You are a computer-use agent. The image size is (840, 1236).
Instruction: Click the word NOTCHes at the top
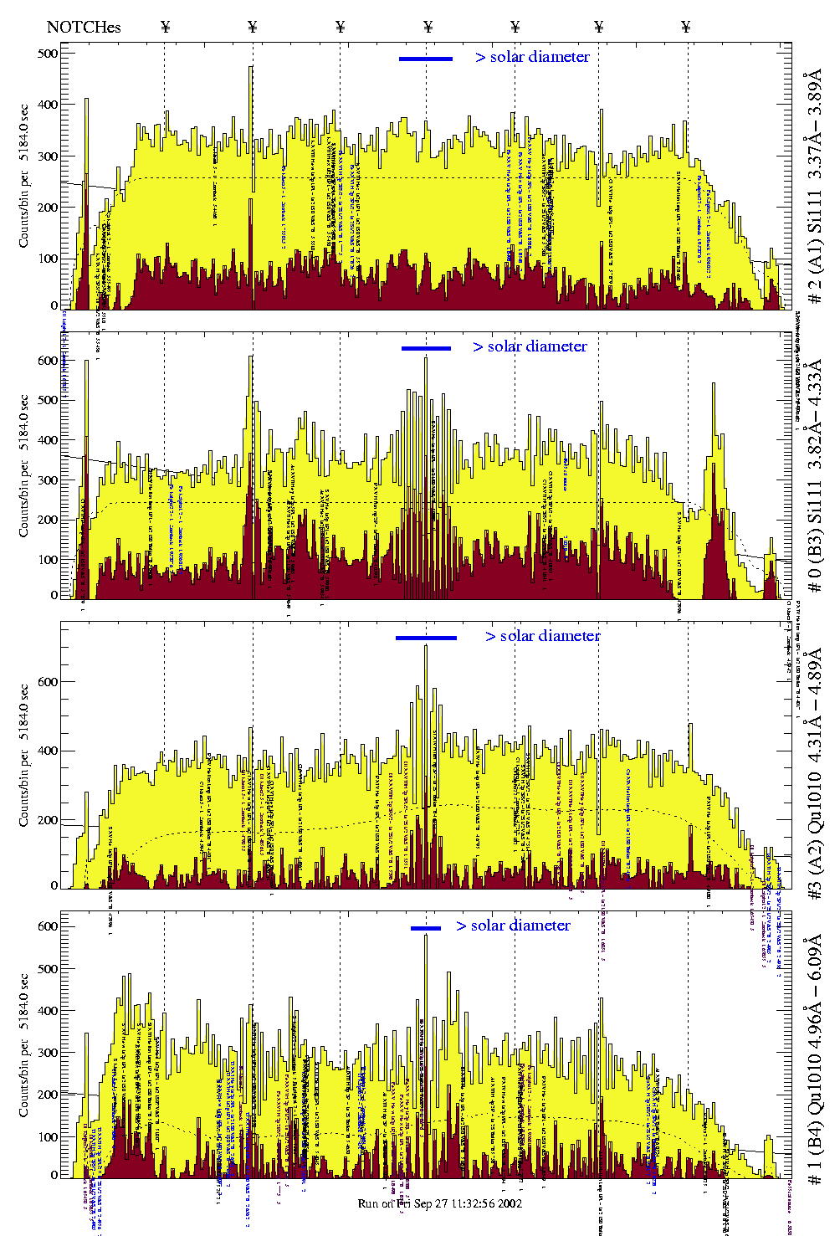[84, 27]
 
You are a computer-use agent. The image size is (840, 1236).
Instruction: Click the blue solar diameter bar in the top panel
[426, 59]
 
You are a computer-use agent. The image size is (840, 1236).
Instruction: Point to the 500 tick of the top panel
[48, 54]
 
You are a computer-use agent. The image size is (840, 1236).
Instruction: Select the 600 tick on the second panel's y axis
[48, 361]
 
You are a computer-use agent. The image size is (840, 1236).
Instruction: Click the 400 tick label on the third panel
[48, 751]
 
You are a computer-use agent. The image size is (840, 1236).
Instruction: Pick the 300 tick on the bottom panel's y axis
[48, 1053]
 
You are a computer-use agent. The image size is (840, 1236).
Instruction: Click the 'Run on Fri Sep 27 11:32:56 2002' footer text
[440, 1203]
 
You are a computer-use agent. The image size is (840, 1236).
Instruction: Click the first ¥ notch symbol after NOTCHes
[165, 27]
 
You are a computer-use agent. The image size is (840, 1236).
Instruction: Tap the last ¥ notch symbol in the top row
[686, 27]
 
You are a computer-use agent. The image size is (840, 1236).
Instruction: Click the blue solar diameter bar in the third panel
[426, 638]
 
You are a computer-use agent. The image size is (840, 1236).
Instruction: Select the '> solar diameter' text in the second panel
[530, 346]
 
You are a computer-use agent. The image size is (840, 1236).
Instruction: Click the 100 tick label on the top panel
[48, 259]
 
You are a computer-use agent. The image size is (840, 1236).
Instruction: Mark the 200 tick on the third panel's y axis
[48, 820]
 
